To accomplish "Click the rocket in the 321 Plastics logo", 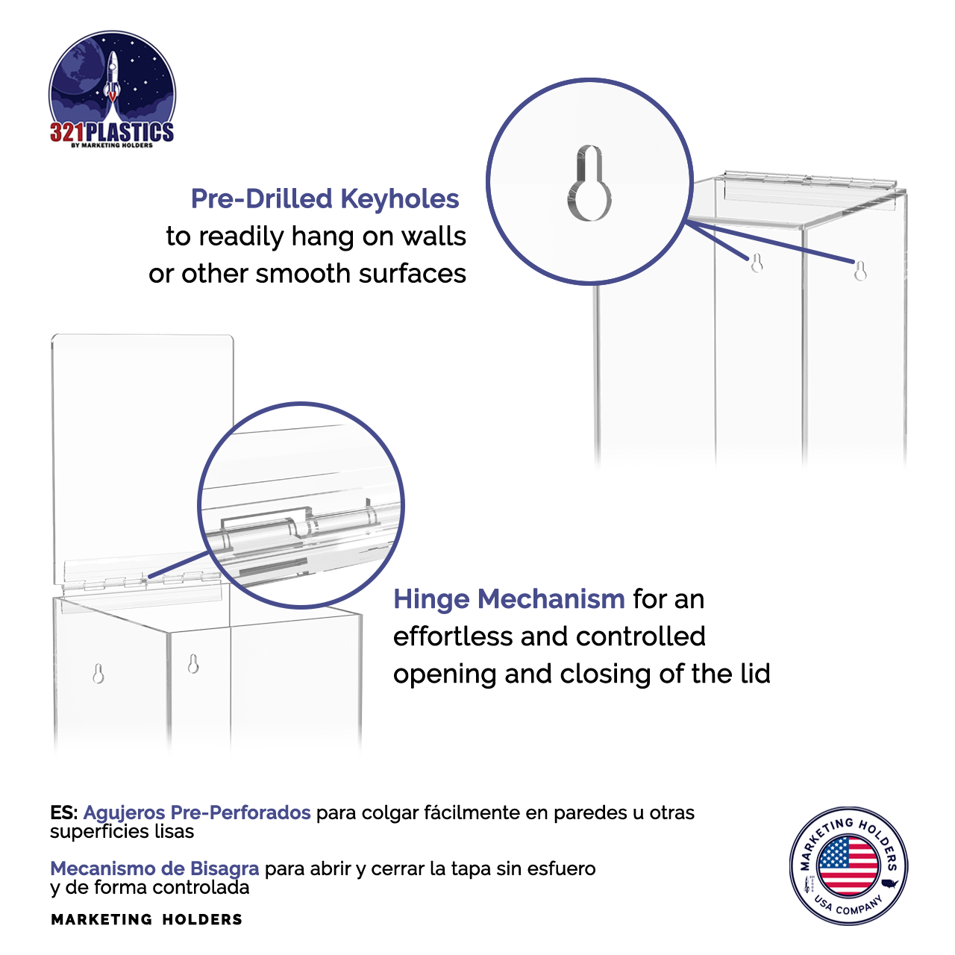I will pos(113,75).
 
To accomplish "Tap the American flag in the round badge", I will pos(848,865).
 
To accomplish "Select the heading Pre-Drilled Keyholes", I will pos(325,199).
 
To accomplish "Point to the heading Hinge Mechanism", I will pos(509,599).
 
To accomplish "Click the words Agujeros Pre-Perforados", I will pos(197,812).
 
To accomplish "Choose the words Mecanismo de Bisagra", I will pos(154,868).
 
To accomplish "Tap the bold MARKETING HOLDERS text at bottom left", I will pos(146,919).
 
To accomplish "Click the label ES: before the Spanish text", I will pos(64,812).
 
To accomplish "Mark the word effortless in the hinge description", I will pos(453,636).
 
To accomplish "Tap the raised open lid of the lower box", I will pos(142,448).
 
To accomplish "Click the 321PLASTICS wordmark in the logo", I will pos(112,133).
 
